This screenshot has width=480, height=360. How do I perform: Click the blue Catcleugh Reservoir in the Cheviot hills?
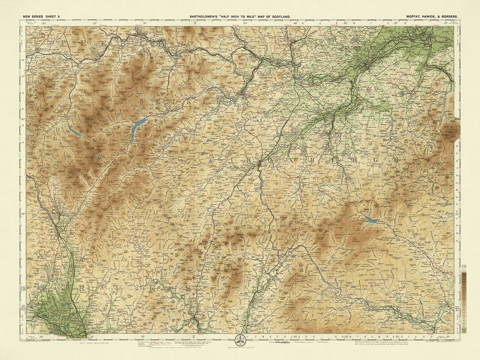(x=371, y=220)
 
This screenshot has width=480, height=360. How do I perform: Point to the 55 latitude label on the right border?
(x=457, y=308)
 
